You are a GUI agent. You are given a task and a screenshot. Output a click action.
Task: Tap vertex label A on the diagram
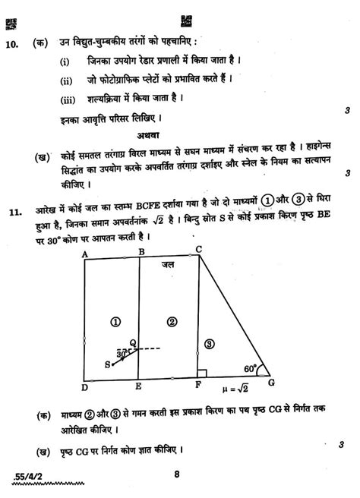(84, 254)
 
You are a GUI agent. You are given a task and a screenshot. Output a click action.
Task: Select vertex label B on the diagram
(141, 252)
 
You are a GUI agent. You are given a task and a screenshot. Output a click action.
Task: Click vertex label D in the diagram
(84, 387)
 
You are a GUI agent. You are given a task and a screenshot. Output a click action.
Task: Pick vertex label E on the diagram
(139, 386)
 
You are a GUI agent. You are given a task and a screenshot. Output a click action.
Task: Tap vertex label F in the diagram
(197, 386)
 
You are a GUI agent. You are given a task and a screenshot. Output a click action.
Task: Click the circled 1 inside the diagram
(115, 322)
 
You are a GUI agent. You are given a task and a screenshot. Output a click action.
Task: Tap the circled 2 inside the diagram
(172, 322)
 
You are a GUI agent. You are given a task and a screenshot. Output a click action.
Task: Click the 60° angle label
(251, 367)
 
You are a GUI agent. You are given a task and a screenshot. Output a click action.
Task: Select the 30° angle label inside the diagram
(122, 354)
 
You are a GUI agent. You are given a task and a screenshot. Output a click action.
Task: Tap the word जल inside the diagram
(168, 266)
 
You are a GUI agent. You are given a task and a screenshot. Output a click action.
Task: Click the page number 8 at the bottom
(175, 474)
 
